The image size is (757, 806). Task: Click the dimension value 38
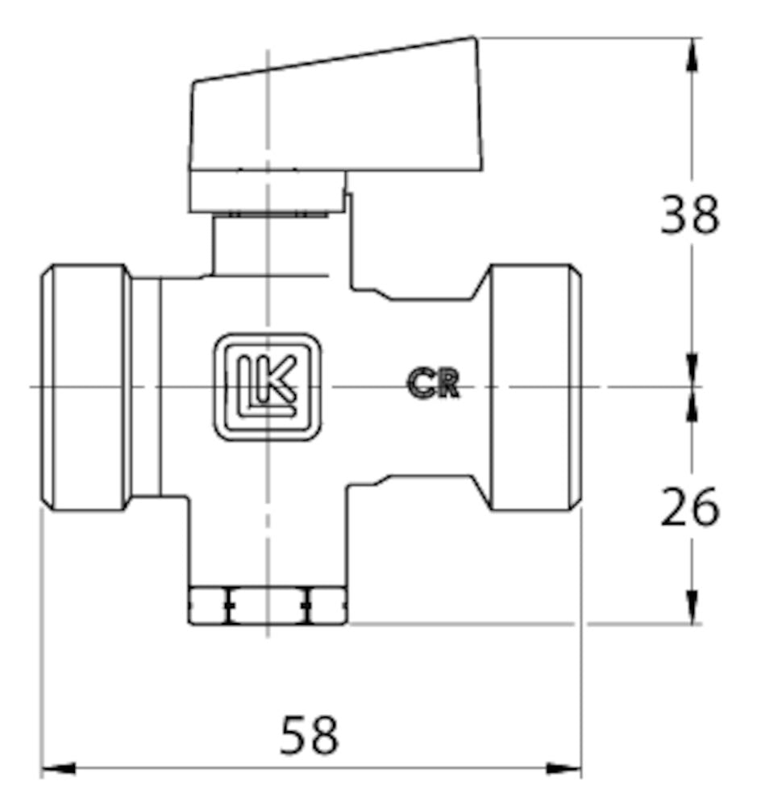click(689, 214)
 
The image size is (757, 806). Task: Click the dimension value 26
click(689, 508)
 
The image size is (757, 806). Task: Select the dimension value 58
click(310, 735)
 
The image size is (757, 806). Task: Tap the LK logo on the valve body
click(267, 387)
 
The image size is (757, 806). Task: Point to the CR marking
click(433, 384)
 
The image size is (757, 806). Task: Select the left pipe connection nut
click(86, 387)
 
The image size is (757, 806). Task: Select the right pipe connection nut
click(534, 387)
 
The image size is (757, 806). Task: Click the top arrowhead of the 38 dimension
click(692, 53)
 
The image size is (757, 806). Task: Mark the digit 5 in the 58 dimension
click(295, 735)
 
